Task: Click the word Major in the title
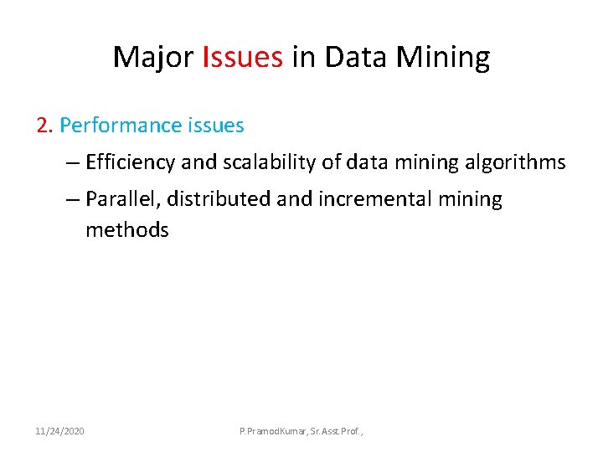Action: [x=154, y=57]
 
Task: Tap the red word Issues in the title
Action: [x=243, y=57]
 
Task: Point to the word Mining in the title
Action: [x=445, y=58]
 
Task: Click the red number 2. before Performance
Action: [x=45, y=126]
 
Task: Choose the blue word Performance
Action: [x=121, y=126]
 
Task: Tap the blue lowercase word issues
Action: [x=215, y=126]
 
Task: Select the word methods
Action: [x=126, y=230]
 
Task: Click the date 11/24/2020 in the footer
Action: [x=59, y=430]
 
